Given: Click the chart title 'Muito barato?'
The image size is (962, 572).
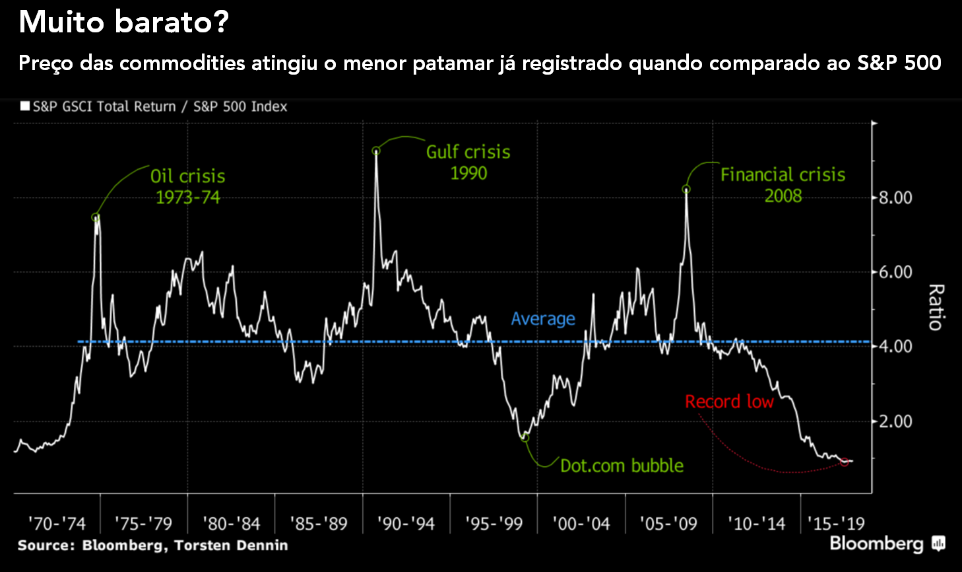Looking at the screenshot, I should tap(123, 22).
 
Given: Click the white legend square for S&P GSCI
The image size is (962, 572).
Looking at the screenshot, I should tap(25, 106).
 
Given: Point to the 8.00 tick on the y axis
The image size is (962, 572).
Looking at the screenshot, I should tap(895, 197).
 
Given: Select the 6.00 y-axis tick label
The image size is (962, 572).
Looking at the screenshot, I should tap(895, 272).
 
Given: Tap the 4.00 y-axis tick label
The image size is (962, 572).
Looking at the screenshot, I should tap(895, 346).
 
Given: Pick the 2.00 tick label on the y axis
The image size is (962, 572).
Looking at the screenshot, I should tap(895, 421).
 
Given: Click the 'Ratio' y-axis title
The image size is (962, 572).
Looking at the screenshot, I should tap(936, 307).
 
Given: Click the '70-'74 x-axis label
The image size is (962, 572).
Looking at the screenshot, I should tap(57, 524).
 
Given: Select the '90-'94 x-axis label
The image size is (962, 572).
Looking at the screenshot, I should tap(406, 524).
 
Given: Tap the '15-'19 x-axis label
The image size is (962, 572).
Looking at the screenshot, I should tap(836, 524).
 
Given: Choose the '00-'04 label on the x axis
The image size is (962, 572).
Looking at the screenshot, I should tap(581, 524).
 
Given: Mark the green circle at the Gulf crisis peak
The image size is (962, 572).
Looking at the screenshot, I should tap(376, 151).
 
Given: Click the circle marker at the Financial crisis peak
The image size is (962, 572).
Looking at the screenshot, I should tap(686, 190).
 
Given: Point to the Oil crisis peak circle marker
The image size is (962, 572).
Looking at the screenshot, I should tap(96, 217).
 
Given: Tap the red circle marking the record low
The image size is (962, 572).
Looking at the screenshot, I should tap(845, 462).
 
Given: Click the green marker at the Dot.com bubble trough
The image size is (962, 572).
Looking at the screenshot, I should tap(525, 437).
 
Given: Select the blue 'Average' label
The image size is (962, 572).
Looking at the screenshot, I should tap(543, 319).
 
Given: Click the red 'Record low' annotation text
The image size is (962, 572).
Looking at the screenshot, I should tap(729, 402).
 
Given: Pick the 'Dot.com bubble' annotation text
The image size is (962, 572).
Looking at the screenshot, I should tap(622, 466).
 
